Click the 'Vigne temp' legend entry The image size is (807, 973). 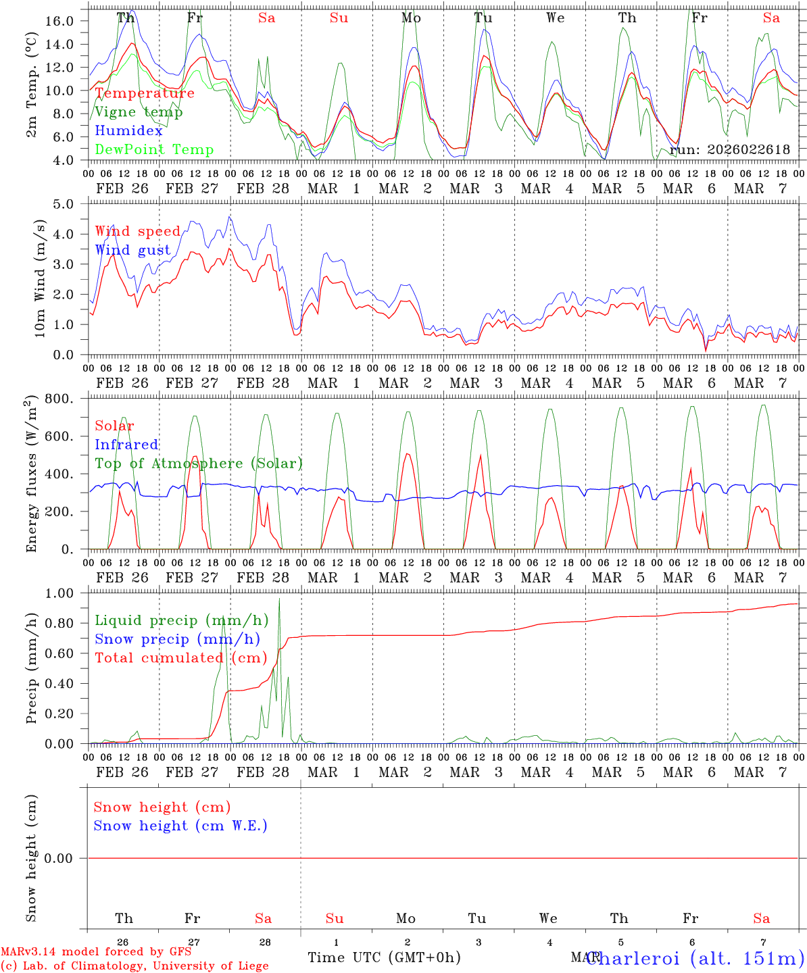[139, 112]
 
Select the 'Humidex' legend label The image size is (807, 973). [128, 131]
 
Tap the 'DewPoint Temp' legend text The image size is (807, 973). [154, 150]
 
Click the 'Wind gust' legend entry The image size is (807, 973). [132, 251]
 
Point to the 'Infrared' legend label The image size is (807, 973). [126, 445]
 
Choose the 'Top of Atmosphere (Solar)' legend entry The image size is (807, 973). [199, 464]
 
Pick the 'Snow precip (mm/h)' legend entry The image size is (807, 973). [177, 639]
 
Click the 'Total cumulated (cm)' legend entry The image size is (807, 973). [180, 658]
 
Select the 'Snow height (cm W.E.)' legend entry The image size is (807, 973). [180, 826]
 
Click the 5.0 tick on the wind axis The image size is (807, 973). [72, 204]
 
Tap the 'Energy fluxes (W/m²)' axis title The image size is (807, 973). [32, 475]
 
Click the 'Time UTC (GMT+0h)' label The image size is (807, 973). [384, 957]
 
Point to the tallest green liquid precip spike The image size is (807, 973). [279, 599]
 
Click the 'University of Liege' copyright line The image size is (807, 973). [134, 966]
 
